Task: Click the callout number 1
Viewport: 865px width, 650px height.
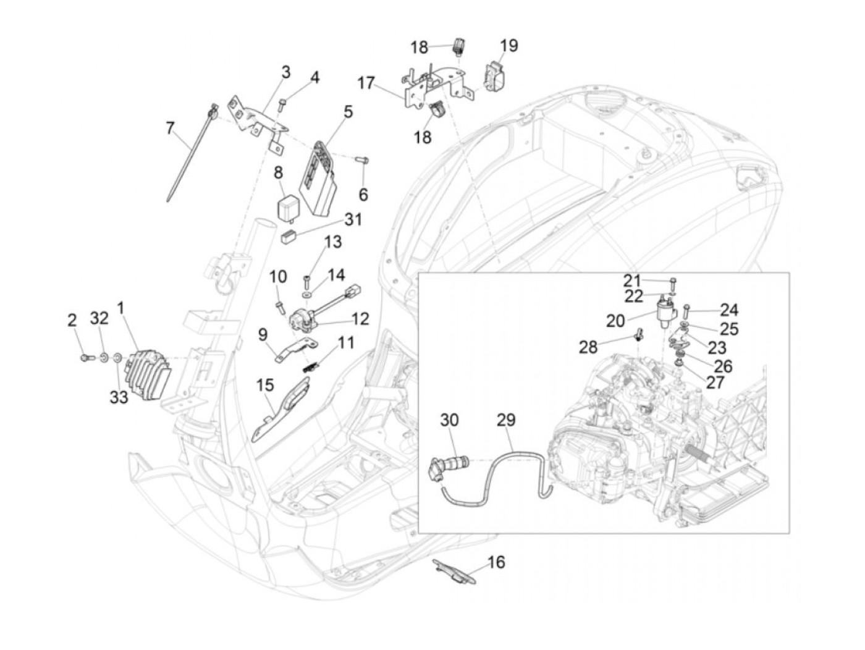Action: tap(121, 307)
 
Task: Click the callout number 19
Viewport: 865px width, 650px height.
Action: tap(509, 46)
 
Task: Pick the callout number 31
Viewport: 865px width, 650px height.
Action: tap(354, 219)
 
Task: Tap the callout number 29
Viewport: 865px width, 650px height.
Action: tap(506, 420)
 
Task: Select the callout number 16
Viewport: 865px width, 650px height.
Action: tap(496, 562)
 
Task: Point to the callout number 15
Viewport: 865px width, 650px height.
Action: tap(265, 385)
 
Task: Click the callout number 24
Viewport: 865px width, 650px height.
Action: tap(729, 310)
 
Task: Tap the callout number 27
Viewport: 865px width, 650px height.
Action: tap(715, 382)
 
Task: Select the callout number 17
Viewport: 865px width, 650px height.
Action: tap(366, 82)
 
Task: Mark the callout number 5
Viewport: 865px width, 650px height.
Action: tap(348, 112)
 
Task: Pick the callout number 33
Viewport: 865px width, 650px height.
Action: tap(119, 397)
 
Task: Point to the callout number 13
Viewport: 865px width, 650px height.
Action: tap(333, 242)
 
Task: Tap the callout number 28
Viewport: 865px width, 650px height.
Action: tap(588, 347)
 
